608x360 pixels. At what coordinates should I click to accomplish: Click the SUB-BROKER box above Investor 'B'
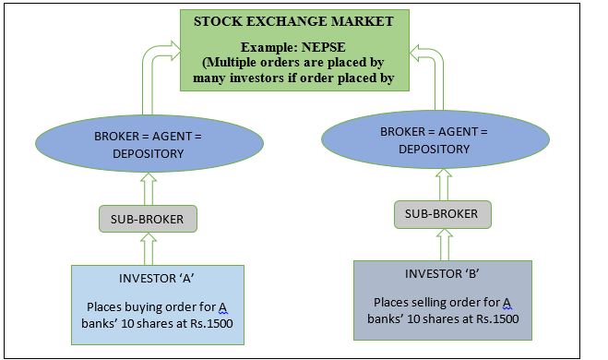click(442, 213)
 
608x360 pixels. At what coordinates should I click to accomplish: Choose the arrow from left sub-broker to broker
click(149, 189)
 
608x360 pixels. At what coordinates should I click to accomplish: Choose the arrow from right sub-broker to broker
click(442, 186)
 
